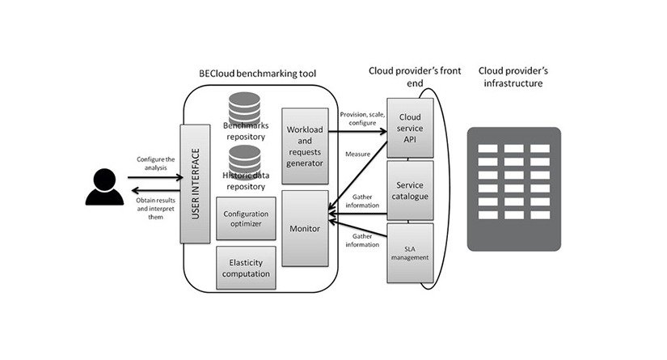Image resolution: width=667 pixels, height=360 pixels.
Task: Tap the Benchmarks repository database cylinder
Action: coord(244,107)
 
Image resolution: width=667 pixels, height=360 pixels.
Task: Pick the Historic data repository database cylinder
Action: coord(244,159)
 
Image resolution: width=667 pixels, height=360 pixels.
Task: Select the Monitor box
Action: coord(305,229)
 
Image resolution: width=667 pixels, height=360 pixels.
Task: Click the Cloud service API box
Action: coord(410,125)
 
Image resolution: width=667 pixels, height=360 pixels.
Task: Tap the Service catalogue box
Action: coord(410,190)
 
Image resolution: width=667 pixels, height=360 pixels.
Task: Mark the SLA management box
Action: coord(410,252)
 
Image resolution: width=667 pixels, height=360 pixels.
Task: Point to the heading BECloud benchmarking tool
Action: coord(257,74)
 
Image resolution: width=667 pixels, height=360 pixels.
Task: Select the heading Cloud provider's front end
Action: coord(415,77)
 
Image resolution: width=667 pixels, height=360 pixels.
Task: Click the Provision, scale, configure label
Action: coord(362,118)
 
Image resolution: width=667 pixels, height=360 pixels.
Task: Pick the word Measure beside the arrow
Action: coord(357,154)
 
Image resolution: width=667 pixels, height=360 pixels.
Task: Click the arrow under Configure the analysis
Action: coord(155,176)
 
